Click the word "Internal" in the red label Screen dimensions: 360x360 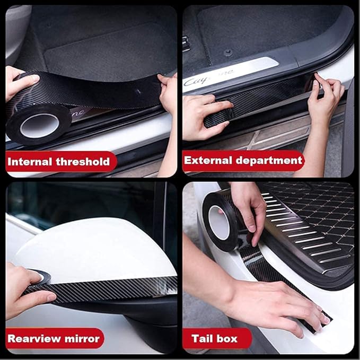(x=29, y=162)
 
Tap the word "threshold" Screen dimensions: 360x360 (x=83, y=162)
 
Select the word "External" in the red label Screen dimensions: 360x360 (x=208, y=160)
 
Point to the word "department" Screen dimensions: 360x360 (x=269, y=161)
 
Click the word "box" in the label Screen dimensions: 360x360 (x=226, y=339)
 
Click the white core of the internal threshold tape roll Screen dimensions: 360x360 (x=39, y=125)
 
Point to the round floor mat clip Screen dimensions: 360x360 (x=228, y=53)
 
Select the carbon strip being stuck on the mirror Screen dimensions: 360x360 (x=101, y=289)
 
